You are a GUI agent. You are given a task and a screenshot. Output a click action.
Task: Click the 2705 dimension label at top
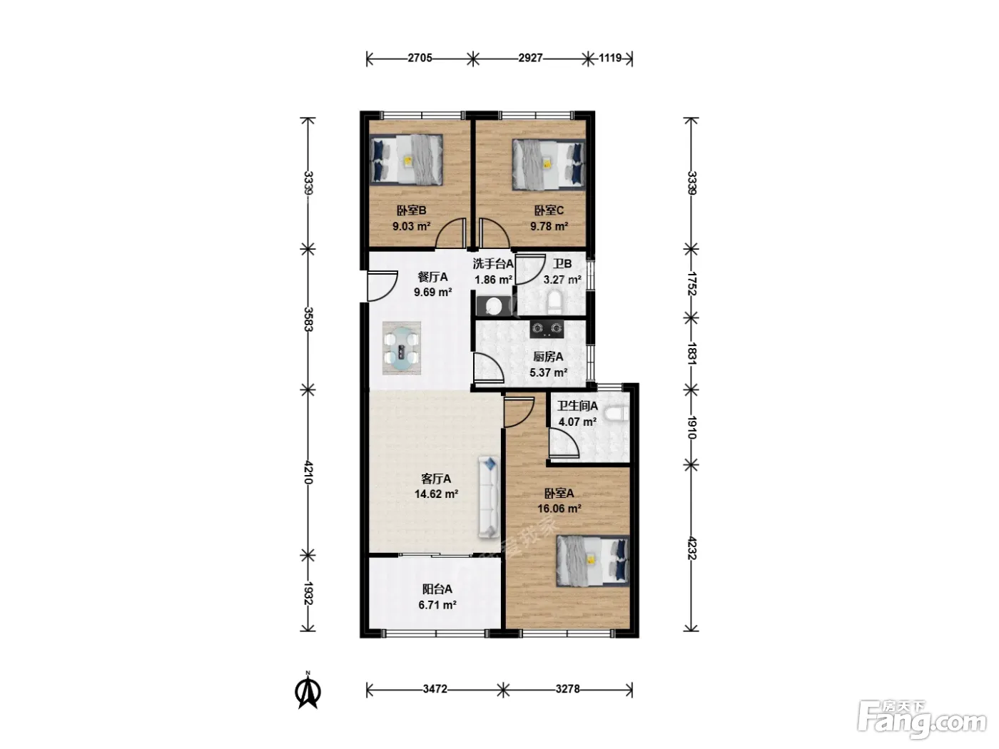tap(419, 58)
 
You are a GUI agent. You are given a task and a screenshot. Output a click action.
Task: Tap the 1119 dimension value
tap(609, 58)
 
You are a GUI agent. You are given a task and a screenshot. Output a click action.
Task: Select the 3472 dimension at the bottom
tap(435, 688)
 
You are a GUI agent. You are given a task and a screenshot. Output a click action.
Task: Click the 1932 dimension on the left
tap(308, 593)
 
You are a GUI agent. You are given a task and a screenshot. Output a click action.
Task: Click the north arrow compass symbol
tap(308, 691)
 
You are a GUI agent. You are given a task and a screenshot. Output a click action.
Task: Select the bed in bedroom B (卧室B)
tap(407, 160)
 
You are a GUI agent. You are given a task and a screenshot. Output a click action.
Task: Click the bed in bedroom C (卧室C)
tap(548, 164)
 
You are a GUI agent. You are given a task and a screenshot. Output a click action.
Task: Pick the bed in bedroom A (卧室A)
tap(592, 560)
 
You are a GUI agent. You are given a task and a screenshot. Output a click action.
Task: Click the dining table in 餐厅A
tap(402, 348)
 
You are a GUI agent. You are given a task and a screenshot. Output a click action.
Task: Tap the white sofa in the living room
tap(490, 498)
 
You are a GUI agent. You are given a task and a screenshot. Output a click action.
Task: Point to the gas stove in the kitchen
tap(547, 329)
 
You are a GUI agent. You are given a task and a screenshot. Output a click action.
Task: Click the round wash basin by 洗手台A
tap(493, 306)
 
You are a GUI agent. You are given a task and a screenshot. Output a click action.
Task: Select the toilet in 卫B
tap(554, 302)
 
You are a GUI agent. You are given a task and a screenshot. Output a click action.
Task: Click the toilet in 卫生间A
tap(617, 414)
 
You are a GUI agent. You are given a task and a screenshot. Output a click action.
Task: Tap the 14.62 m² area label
tap(436, 494)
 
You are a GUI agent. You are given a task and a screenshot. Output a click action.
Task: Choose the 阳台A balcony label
tap(437, 589)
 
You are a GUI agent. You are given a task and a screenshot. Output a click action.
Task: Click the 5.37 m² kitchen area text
tap(548, 373)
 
